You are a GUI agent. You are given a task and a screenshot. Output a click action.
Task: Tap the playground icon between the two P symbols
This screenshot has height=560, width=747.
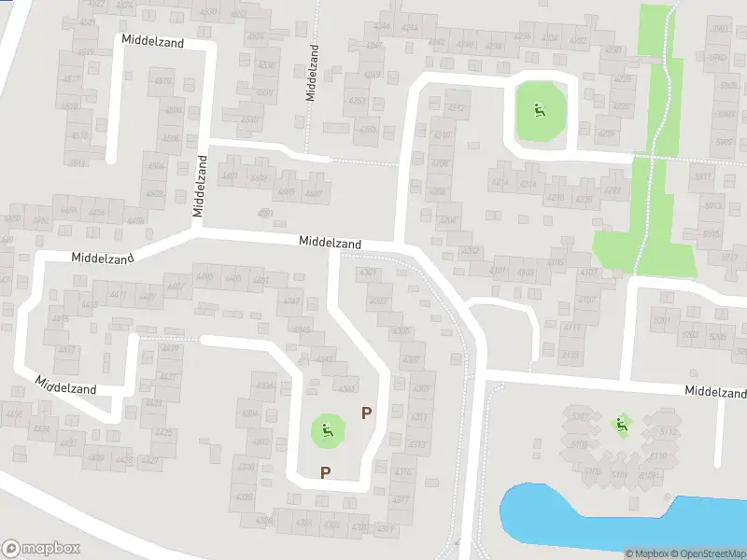327,430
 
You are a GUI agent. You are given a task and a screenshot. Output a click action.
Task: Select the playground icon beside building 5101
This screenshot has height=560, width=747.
620,425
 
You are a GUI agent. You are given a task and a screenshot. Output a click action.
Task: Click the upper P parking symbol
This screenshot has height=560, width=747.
367,413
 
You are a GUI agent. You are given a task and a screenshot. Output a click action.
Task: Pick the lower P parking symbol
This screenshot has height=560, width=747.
325,472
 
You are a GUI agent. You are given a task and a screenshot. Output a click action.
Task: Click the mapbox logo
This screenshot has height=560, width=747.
41,549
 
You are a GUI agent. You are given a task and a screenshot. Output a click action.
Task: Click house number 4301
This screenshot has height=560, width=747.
368,273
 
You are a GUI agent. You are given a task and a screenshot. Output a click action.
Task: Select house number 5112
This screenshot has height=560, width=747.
668,431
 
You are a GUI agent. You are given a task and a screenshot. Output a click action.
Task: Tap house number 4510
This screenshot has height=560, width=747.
163,81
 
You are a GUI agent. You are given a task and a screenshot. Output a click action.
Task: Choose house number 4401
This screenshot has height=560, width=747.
261,280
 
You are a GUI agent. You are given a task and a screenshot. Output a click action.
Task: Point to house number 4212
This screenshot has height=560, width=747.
457,109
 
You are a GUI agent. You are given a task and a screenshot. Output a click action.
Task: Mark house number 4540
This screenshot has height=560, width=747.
249,119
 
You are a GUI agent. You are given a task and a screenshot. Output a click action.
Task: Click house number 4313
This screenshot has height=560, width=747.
417,443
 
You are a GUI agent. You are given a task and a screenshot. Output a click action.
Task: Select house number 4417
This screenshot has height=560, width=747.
67,349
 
